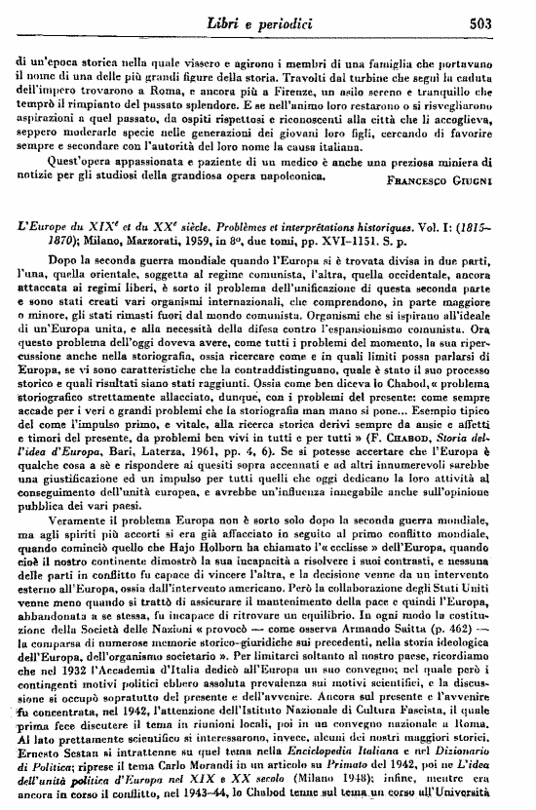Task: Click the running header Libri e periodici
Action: (306, 21)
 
